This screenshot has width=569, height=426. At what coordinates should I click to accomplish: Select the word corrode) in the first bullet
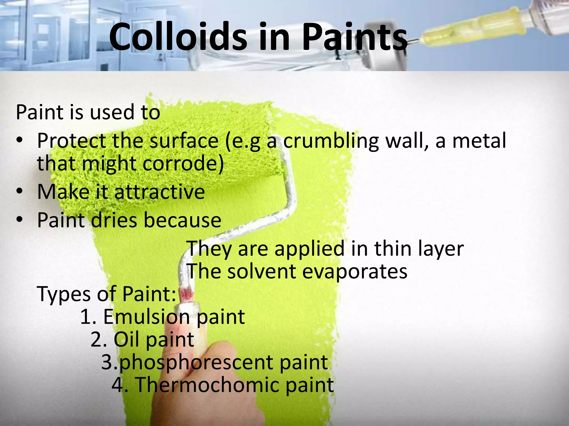pyautogui.click(x=183, y=163)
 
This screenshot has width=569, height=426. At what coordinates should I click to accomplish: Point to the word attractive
pyautogui.click(x=159, y=192)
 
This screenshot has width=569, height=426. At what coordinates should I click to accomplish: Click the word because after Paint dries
pyautogui.click(x=182, y=220)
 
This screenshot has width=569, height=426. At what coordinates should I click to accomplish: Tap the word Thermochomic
pyautogui.click(x=207, y=385)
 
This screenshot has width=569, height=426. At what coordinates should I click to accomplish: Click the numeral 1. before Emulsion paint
pyautogui.click(x=88, y=317)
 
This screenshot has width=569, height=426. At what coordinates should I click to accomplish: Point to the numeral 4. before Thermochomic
pyautogui.click(x=120, y=385)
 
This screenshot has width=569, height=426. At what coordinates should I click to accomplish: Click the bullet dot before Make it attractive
pyautogui.click(x=19, y=192)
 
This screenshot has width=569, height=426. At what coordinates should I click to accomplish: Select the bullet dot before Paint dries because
pyautogui.click(x=19, y=220)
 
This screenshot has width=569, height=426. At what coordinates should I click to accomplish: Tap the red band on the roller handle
pyautogui.click(x=186, y=294)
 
